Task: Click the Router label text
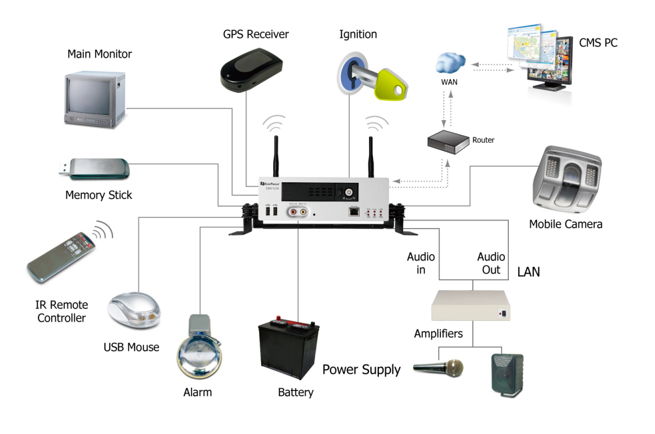click(483, 140)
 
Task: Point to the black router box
click(448, 141)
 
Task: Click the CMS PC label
click(598, 42)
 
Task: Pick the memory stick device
click(99, 168)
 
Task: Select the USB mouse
click(134, 310)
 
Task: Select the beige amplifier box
click(472, 305)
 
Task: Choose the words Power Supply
click(361, 370)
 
